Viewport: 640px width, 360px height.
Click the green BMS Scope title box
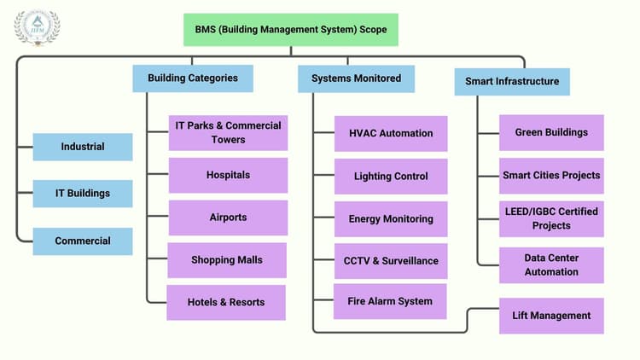pos(290,30)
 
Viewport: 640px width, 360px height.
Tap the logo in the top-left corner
pos(37,28)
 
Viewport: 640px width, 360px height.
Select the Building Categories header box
pos(193,78)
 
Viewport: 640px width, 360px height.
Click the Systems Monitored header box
pos(356,78)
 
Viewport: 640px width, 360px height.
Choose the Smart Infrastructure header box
pos(512,82)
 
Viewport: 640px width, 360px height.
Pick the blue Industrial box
pos(83,147)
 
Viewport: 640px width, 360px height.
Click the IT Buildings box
pos(83,194)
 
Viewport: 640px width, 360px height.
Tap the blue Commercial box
pos(83,241)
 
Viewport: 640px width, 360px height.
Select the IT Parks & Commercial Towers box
pos(228,133)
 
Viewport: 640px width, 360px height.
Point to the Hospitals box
pos(228,175)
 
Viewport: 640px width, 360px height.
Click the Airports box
pos(228,218)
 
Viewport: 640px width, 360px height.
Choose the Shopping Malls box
pos(227,260)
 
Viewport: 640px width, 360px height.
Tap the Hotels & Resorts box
pos(226,302)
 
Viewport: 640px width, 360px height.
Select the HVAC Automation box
pos(391,133)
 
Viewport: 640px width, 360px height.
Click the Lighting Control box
pos(391,177)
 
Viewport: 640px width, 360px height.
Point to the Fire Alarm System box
pos(390,301)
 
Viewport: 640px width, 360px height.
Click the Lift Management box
pos(551,316)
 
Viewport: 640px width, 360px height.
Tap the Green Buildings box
pos(551,132)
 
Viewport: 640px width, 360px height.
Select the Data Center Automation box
pos(551,265)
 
